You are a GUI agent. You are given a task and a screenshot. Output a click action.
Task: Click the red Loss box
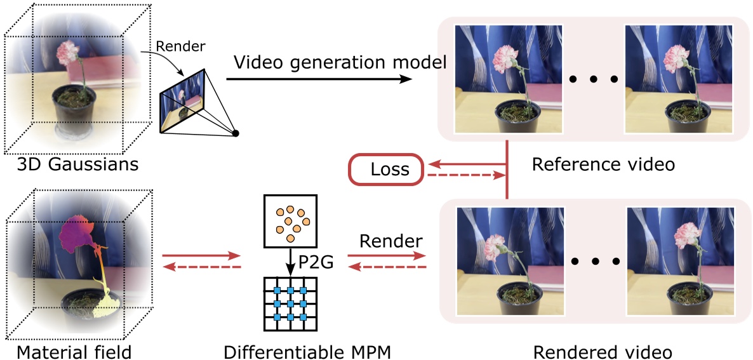[386, 170]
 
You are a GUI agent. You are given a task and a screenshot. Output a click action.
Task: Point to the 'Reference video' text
[603, 164]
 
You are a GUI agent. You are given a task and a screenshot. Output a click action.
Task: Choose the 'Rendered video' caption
[602, 350]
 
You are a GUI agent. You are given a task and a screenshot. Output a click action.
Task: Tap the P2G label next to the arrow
[315, 262]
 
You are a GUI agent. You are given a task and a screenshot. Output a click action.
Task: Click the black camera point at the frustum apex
[236, 133]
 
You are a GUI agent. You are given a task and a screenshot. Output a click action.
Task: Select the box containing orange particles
[290, 221]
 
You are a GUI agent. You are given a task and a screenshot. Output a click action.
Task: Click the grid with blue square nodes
[290, 303]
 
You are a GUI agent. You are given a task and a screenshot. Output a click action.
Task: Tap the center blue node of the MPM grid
[290, 303]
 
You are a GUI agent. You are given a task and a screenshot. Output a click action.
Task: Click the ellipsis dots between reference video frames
[593, 79]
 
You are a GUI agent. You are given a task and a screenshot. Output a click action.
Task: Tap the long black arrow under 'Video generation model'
[317, 79]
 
